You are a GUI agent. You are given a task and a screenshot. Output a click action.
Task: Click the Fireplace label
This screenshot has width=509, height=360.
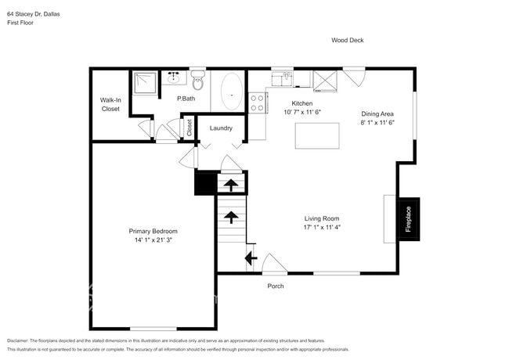408,219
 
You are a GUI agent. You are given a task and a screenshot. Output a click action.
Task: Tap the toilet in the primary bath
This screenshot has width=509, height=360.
198,78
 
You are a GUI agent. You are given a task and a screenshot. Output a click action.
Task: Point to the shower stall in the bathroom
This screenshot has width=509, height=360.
143,81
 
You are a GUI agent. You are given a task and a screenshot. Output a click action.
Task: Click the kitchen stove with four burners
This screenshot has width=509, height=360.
257,103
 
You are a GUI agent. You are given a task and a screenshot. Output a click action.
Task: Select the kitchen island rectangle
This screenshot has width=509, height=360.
317,135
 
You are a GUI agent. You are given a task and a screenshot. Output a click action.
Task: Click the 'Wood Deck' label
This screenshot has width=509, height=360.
347,40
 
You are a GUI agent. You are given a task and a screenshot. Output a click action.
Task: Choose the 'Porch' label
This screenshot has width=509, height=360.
276,286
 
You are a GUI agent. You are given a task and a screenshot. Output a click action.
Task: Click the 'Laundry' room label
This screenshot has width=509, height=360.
221,127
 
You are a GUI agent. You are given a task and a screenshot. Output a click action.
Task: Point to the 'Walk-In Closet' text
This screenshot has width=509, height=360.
110,104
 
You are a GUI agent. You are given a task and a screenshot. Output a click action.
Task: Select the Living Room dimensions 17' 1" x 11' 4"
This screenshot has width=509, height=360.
322,228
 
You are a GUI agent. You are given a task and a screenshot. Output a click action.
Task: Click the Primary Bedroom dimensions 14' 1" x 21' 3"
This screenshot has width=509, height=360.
153,240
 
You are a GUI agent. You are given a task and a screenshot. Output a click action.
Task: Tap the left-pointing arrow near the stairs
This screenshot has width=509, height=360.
251,257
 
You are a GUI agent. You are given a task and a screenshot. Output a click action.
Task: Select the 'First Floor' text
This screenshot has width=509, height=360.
20,23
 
